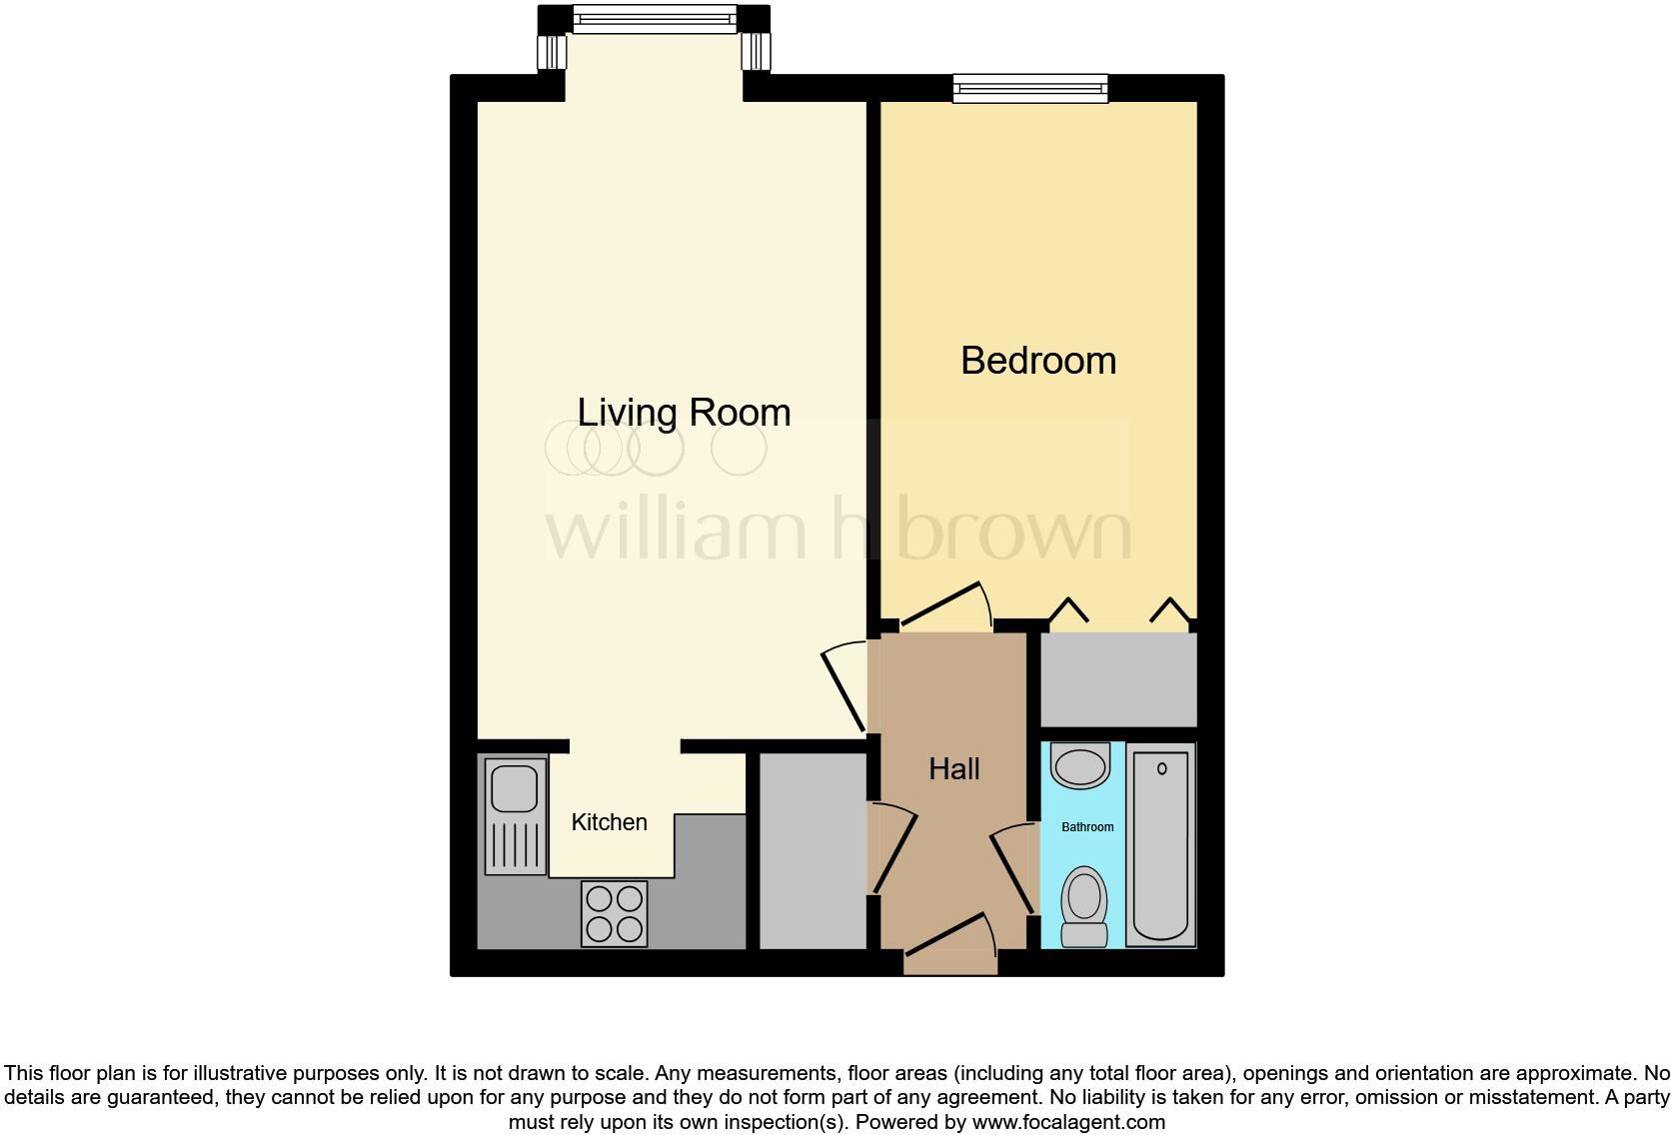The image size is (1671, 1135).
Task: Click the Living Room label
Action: tap(684, 413)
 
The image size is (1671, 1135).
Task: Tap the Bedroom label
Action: tap(1037, 361)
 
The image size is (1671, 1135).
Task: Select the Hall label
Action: tap(953, 769)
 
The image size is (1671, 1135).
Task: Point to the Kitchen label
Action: tap(609, 822)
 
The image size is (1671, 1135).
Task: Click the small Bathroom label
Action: tap(1087, 827)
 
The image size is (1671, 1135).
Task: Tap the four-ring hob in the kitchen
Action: tap(614, 912)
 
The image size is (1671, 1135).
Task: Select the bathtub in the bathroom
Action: tap(1160, 847)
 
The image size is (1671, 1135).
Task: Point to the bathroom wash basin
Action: tap(1080, 766)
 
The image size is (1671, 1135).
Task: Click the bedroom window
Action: tap(1030, 88)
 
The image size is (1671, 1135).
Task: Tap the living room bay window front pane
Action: tap(655, 18)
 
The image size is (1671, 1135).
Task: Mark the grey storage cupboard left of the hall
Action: tap(813, 850)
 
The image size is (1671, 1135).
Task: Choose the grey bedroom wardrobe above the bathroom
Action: tap(1118, 680)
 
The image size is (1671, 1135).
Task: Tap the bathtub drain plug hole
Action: tap(1161, 769)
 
